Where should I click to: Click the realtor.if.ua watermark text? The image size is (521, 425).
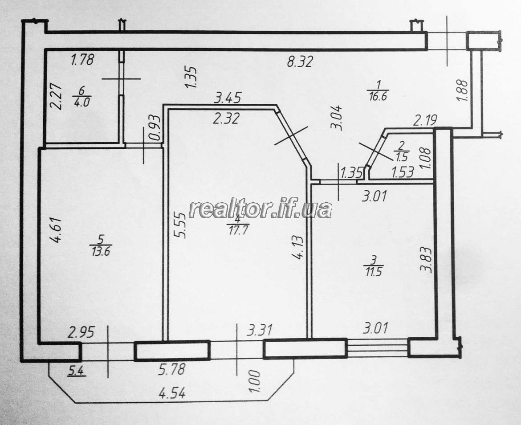pos(260,209)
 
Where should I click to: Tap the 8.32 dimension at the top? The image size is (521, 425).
pos(300,62)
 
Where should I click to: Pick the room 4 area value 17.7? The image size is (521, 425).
pos(238,230)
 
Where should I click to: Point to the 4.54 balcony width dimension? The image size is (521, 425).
pos(172,394)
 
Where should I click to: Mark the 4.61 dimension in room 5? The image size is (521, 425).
pos(56,230)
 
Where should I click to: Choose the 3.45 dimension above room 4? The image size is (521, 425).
pos(227,98)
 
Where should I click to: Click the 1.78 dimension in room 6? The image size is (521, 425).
pos(83,60)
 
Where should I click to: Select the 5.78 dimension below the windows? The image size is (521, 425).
pos(171,369)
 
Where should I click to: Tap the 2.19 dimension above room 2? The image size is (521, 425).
pos(425,120)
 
